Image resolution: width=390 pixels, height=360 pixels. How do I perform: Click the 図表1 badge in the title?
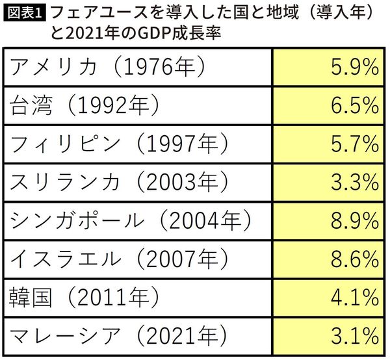[24, 12]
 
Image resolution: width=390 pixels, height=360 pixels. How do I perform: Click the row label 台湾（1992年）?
[84, 105]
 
